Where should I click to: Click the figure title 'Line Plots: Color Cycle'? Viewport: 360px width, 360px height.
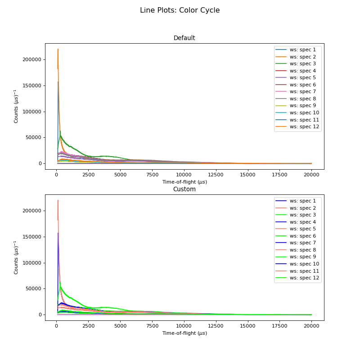coord(180,10)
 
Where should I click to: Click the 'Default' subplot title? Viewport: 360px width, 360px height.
coord(184,38)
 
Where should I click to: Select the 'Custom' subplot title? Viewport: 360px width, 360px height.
coord(184,189)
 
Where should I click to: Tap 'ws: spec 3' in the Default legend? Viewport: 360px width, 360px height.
coord(302,63)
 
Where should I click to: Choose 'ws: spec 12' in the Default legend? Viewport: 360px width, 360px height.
coord(304,126)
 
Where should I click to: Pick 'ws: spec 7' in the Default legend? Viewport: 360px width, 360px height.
coord(302,91)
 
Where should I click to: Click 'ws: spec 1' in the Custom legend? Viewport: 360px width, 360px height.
coord(302,201)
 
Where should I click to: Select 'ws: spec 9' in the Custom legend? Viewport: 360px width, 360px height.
coord(302,256)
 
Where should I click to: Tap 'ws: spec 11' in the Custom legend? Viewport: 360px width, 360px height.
coord(304,271)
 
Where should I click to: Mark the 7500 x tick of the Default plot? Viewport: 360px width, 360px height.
coord(152,175)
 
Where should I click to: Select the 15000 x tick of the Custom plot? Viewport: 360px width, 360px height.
coord(247,326)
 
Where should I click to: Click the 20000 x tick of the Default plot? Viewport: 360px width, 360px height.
coord(311,175)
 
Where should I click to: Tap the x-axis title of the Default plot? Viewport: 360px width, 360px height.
coord(184,182)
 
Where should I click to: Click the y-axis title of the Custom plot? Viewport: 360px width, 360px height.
coord(16,257)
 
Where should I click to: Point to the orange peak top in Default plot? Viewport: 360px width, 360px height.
coord(58,49)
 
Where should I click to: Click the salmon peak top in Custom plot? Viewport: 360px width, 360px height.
coord(58,201)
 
